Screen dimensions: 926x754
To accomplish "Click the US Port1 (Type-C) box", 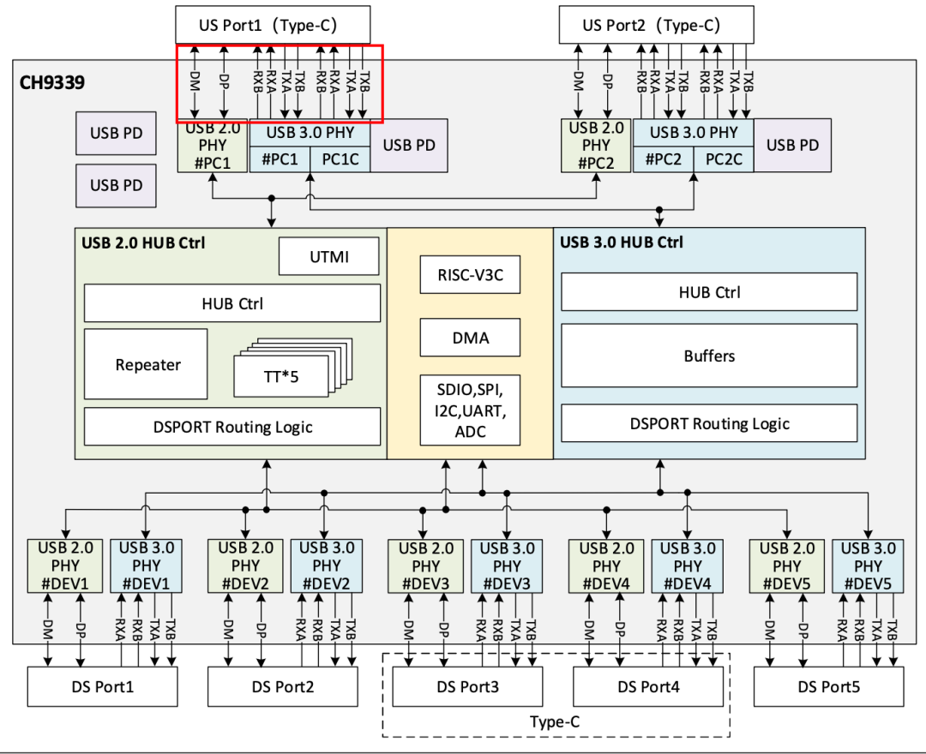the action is click(x=273, y=25).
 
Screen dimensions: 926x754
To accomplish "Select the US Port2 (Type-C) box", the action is click(x=656, y=25).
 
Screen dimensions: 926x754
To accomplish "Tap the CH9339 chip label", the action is click(x=52, y=82).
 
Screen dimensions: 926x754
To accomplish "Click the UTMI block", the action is click(x=329, y=257).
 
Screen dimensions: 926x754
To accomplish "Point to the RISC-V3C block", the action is click(x=470, y=275).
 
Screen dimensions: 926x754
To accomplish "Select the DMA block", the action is click(x=470, y=338).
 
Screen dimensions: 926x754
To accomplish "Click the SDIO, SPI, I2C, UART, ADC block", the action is click(x=470, y=410).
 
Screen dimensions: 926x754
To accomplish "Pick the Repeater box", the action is click(x=146, y=364).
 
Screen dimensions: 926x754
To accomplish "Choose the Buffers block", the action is click(x=709, y=356).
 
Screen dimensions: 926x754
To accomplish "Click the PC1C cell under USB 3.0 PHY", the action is click(x=340, y=159).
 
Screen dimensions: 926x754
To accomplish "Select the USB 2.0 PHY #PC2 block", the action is click(x=596, y=146).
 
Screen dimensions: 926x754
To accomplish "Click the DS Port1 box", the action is click(x=103, y=687).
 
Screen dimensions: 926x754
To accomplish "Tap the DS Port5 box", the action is click(x=828, y=687).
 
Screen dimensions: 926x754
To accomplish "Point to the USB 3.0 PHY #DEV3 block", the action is click(x=507, y=565).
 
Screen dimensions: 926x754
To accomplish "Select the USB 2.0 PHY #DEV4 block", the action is click(x=606, y=565).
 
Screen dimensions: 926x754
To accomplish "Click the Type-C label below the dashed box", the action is click(x=555, y=722).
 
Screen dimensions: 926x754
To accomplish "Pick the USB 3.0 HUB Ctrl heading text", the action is click(x=622, y=242).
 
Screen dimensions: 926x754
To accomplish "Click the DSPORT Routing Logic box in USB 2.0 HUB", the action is click(x=232, y=427).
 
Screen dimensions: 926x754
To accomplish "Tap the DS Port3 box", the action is click(x=468, y=687).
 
